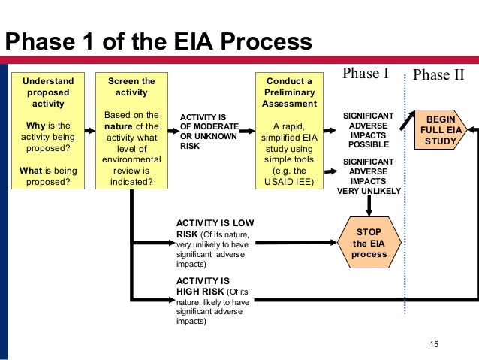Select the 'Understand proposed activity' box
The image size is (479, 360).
[48, 129]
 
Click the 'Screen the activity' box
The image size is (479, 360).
[131, 129]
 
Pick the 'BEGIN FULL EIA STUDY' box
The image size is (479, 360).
[441, 129]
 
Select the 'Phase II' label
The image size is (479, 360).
[439, 75]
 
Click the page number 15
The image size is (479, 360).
[433, 344]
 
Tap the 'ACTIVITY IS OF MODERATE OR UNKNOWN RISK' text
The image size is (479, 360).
[208, 132]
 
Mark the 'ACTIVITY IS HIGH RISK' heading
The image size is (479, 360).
[203, 286]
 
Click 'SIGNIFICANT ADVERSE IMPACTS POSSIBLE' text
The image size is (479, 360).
[369, 129]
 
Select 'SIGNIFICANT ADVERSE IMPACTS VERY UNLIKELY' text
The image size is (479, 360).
[369, 176]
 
